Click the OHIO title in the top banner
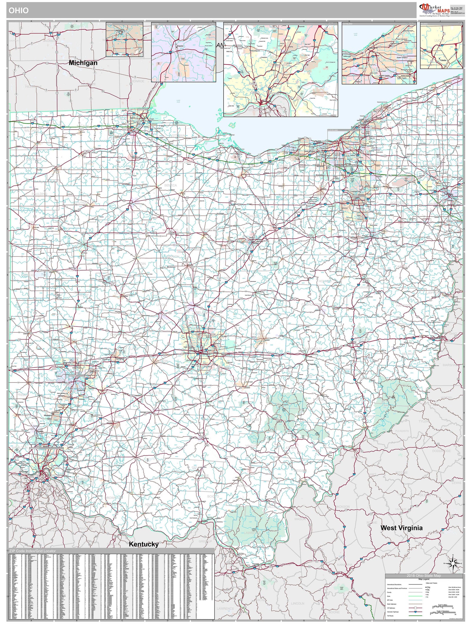tap(19, 11)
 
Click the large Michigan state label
tap(83, 63)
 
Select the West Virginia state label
tap(401, 528)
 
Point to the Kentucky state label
tap(144, 544)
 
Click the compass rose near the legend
tap(453, 563)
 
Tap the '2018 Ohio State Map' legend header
tap(424, 576)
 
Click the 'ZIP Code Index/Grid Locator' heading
tap(32, 551)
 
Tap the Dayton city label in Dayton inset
tap(180, 46)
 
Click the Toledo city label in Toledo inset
tap(443, 60)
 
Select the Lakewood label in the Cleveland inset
tap(347, 56)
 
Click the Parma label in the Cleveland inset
tap(358, 82)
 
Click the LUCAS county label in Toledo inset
tap(439, 40)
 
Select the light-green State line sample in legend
tap(415, 596)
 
